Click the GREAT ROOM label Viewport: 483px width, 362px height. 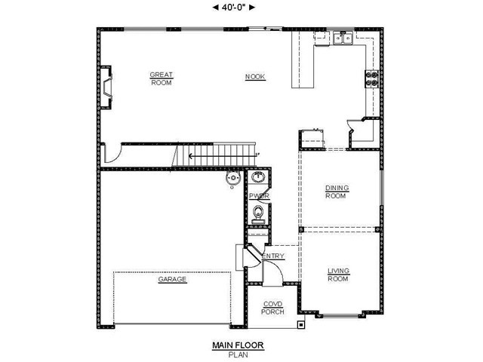(x=162, y=78)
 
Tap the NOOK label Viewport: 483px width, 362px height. (x=255, y=77)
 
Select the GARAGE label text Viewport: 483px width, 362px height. (x=172, y=279)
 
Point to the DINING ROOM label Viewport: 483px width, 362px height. (x=337, y=192)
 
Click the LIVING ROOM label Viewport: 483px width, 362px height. (x=338, y=275)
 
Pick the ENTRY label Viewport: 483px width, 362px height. (x=273, y=256)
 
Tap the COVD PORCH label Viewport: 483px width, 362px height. (x=272, y=308)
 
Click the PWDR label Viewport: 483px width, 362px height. (x=259, y=196)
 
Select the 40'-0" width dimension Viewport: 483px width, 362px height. (x=234, y=8)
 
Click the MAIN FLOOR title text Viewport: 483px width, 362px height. (x=238, y=345)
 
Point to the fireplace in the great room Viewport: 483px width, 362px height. (x=106, y=87)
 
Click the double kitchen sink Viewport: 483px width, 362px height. (x=343, y=38)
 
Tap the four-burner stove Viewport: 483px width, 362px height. (x=372, y=78)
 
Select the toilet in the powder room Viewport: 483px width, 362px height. (x=258, y=214)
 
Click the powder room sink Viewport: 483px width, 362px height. (x=258, y=177)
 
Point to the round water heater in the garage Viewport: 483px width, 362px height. (x=233, y=179)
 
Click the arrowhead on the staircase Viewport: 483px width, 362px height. (x=191, y=156)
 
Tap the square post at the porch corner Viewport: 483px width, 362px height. (x=301, y=325)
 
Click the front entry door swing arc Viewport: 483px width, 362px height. (x=277, y=267)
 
